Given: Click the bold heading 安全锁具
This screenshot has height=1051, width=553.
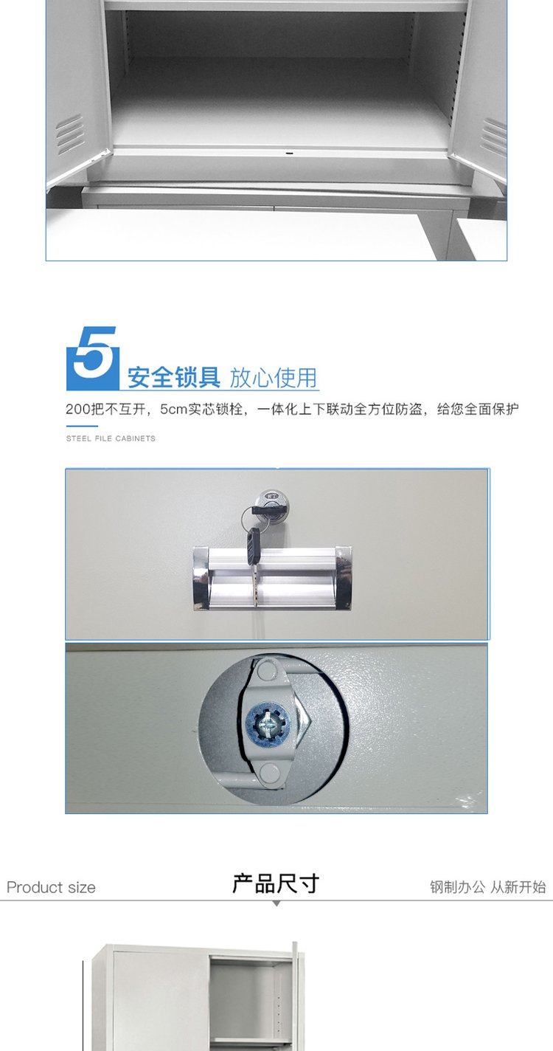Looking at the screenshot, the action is pyautogui.click(x=174, y=377).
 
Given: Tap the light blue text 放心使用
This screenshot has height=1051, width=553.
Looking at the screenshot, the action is pyautogui.click(x=274, y=378).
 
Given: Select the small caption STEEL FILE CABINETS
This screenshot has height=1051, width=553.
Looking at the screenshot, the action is pyautogui.click(x=111, y=438).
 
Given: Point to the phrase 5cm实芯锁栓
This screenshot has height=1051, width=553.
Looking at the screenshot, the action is pyautogui.click(x=201, y=409).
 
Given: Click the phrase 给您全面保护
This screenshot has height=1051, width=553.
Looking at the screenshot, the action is pyautogui.click(x=478, y=409).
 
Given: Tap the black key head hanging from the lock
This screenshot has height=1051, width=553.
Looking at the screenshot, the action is pyautogui.click(x=254, y=545).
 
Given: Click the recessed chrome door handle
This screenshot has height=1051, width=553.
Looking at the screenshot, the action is pyautogui.click(x=272, y=578).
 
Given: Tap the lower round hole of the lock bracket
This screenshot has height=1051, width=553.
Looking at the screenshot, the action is pyautogui.click(x=268, y=772).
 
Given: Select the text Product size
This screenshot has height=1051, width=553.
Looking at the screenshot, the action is pyautogui.click(x=51, y=887).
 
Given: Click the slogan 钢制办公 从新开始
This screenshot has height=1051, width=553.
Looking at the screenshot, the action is pyautogui.click(x=488, y=887).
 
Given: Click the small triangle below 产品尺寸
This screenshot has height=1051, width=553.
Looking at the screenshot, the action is pyautogui.click(x=276, y=903).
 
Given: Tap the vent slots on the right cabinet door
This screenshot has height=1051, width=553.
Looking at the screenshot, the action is pyautogui.click(x=495, y=137).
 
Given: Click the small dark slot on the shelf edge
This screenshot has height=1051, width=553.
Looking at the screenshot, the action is pyautogui.click(x=290, y=153).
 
